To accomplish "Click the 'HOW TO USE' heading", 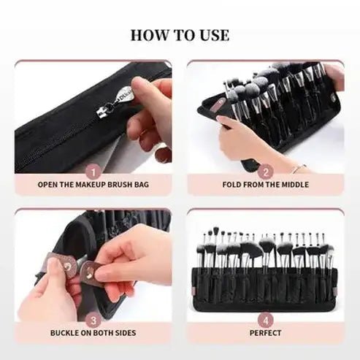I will point(180,35).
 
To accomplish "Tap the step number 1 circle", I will point(93,173).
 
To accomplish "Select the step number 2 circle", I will point(267,173).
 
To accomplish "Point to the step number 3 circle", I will point(93,320).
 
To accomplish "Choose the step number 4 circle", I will point(267,320).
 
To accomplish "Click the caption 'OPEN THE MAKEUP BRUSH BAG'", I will point(93,185).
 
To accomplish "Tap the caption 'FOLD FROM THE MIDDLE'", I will point(267,185).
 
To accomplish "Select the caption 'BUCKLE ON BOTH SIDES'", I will point(93,333).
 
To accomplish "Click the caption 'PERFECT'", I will point(267,333).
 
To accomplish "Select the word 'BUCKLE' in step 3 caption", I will point(67,333).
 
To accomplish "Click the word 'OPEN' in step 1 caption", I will point(49,185).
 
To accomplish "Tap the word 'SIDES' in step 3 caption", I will point(123,333).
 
